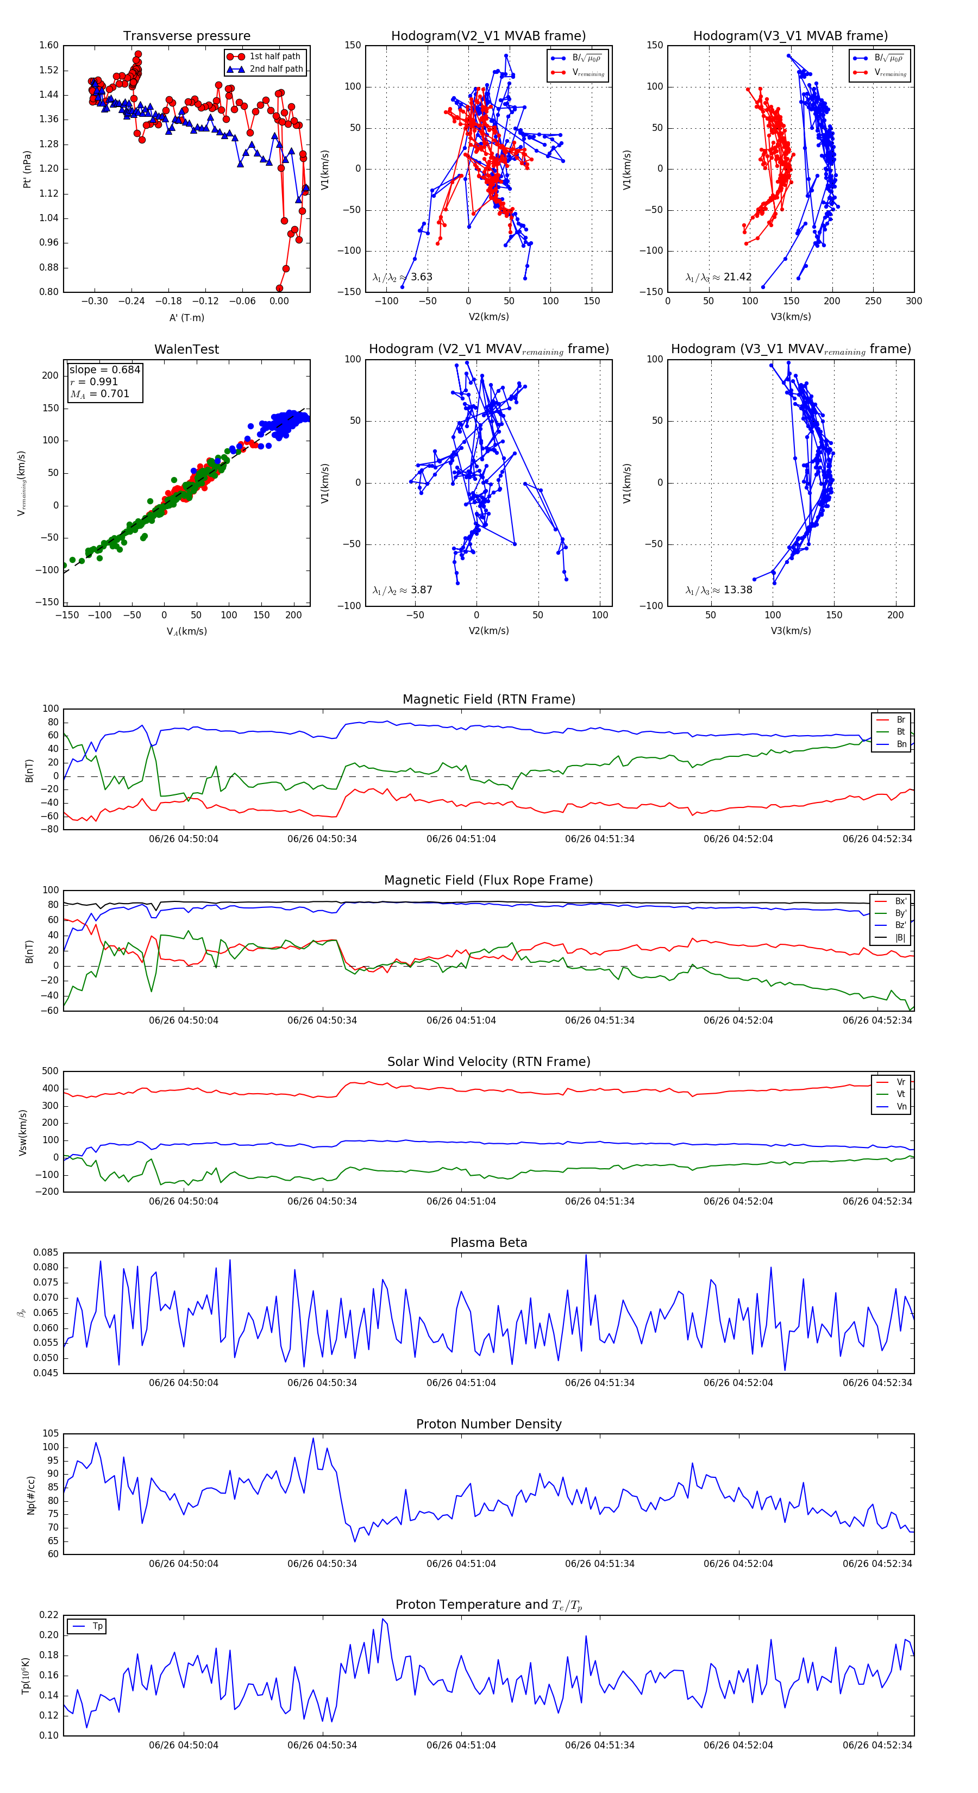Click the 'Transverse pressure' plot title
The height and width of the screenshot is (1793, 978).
pyautogui.click(x=186, y=36)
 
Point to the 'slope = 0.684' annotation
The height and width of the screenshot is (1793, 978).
pyautogui.click(x=104, y=369)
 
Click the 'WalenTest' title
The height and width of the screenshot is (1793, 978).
pyautogui.click(x=186, y=349)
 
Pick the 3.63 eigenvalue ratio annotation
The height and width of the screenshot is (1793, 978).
pyautogui.click(x=402, y=277)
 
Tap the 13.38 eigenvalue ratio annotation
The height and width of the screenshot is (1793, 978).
pyautogui.click(x=718, y=590)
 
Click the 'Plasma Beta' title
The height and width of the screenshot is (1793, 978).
pyautogui.click(x=488, y=1243)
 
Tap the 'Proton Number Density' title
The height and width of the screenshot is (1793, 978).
pyautogui.click(x=488, y=1424)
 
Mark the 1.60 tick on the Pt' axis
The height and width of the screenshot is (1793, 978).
pyautogui.click(x=49, y=45)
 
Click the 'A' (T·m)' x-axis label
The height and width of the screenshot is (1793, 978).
pyautogui.click(x=186, y=317)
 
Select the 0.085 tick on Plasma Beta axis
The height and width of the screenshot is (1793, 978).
pyautogui.click(x=46, y=1252)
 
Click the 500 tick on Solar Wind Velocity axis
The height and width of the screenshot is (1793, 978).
pyautogui.click(x=50, y=1071)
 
